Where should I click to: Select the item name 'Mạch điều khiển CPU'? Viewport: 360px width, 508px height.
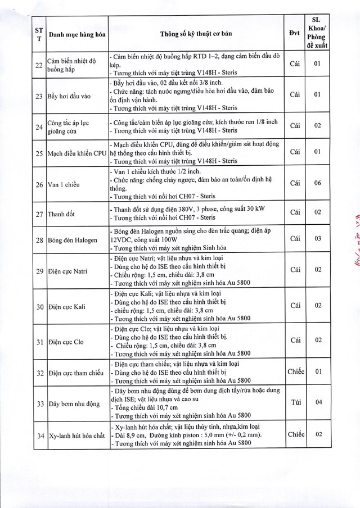point(76,152)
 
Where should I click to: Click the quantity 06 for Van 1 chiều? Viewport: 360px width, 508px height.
point(317,183)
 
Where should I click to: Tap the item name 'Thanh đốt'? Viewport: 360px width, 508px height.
point(63,214)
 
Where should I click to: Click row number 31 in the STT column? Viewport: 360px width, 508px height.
point(39,341)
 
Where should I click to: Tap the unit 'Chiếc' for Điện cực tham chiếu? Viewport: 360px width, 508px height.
point(295,371)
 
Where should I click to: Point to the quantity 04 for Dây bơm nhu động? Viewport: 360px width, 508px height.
point(317,402)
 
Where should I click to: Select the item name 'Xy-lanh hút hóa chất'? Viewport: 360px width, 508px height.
point(76,436)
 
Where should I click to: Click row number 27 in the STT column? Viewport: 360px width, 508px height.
point(39,214)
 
